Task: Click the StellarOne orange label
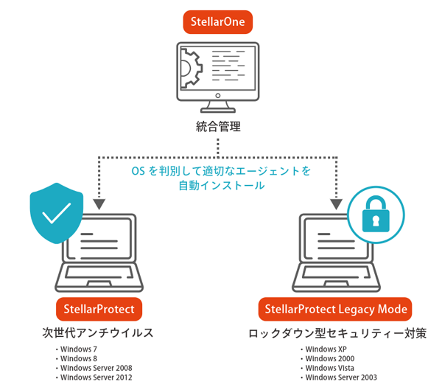tap(218, 21)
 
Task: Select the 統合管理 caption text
tap(218, 127)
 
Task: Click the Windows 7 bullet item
tap(78, 349)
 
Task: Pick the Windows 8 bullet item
tap(78, 358)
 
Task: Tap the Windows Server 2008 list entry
tap(96, 368)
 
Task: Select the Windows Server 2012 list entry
tap(96, 377)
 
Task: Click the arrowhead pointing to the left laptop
tap(99, 203)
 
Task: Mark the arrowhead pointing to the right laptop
tap(337, 203)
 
